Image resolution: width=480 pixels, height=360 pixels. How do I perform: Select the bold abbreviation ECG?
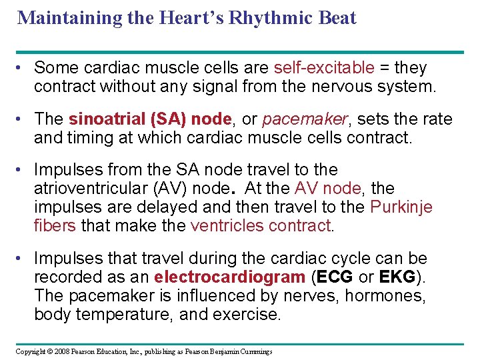tap(337, 277)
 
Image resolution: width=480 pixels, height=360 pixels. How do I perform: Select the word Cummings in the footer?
tap(255, 351)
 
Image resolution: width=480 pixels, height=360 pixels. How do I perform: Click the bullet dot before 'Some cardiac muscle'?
tap(22, 68)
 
